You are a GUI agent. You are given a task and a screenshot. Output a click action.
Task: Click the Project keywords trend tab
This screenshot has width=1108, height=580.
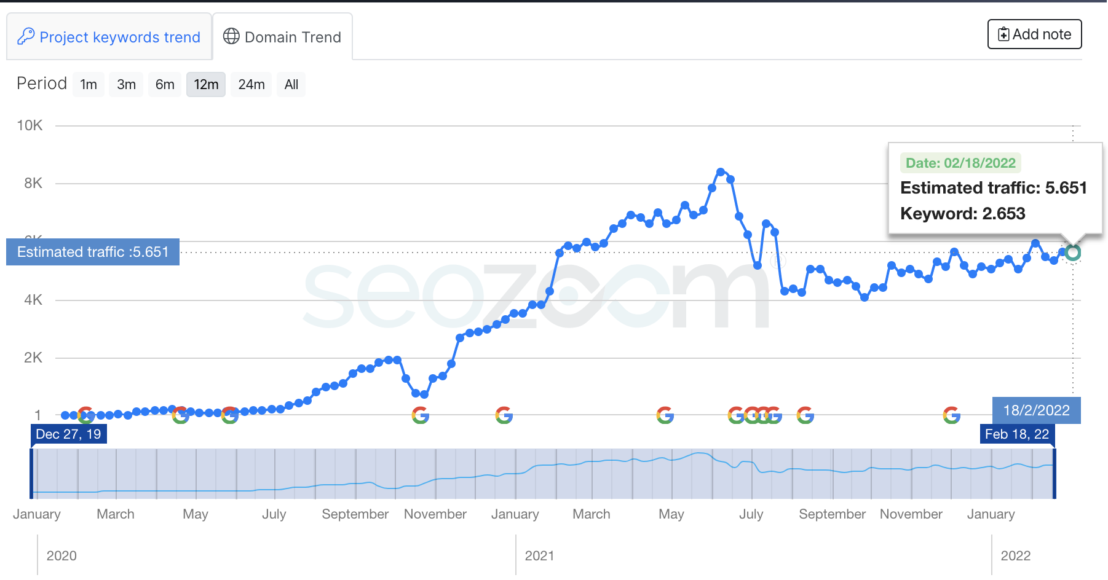tap(109, 37)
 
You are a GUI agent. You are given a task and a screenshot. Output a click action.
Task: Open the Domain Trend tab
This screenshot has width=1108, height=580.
tap(282, 37)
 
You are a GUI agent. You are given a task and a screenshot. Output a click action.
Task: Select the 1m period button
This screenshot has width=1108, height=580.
tap(89, 85)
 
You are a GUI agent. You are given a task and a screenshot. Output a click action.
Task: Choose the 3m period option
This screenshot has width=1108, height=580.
tap(126, 85)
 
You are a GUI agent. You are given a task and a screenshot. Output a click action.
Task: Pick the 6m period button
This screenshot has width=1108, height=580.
tap(165, 85)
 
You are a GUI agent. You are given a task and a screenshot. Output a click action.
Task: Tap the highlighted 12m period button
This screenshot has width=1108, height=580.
tap(206, 85)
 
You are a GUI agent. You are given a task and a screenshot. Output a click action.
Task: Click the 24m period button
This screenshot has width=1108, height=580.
tap(251, 85)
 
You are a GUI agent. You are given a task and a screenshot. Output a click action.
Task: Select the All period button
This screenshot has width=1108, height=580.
tap(291, 85)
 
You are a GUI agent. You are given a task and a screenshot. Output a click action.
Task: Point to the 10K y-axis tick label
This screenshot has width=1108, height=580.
tap(30, 125)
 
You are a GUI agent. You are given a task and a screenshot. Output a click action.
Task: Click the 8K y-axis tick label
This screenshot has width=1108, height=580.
tap(33, 183)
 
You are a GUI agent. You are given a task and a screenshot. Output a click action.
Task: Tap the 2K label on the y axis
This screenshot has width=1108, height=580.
tap(33, 358)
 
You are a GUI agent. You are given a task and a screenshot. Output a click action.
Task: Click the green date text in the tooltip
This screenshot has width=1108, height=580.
tap(960, 163)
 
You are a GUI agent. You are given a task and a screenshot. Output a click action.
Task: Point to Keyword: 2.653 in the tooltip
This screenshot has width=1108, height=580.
tap(962, 214)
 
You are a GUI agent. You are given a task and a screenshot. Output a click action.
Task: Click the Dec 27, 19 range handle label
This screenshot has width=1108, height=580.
tap(68, 434)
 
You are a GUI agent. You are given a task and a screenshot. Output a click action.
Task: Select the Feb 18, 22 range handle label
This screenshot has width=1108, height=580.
tap(1017, 434)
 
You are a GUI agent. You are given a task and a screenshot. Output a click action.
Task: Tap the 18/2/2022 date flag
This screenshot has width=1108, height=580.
tap(1036, 410)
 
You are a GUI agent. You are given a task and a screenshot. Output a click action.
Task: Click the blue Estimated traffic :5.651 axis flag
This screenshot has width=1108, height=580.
tap(93, 252)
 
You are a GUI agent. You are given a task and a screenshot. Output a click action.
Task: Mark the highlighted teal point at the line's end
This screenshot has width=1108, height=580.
tap(1073, 253)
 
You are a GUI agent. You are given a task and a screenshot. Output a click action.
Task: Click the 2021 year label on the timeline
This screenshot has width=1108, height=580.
tap(539, 556)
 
